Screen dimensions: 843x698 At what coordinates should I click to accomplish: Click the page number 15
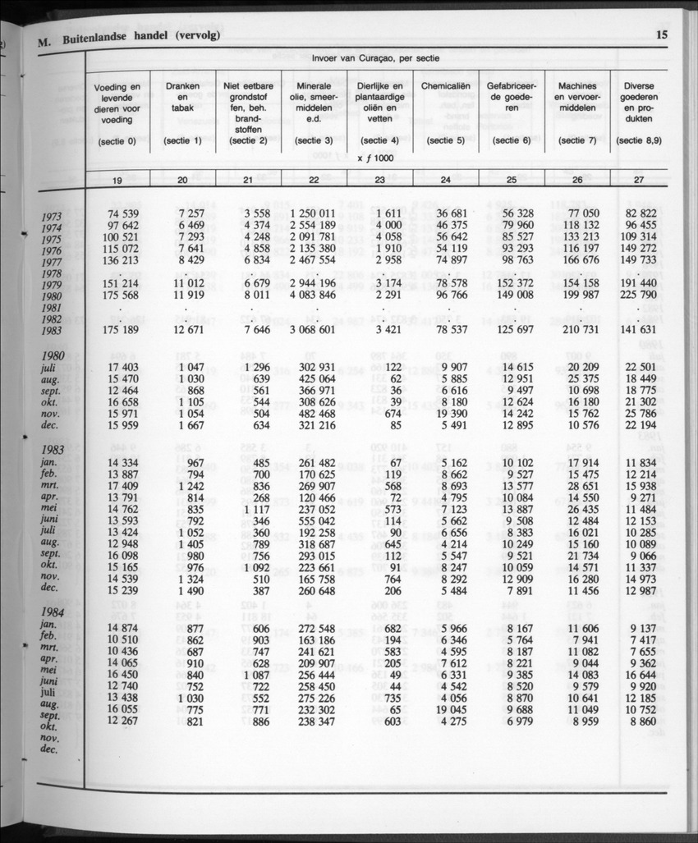(x=662, y=34)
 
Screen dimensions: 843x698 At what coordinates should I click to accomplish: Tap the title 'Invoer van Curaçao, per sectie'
(x=374, y=59)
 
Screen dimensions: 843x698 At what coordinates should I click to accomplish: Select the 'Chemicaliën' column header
(x=443, y=86)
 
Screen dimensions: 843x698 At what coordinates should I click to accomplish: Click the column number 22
(x=314, y=180)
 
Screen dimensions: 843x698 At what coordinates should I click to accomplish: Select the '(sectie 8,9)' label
(x=638, y=141)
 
